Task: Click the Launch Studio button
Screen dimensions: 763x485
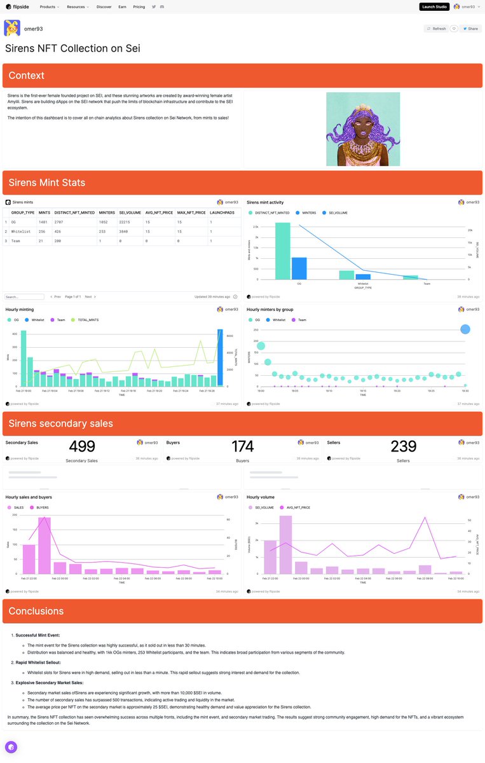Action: coord(434,6)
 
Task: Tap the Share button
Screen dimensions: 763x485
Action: coord(470,29)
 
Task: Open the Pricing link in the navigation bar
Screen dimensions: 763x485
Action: coord(139,6)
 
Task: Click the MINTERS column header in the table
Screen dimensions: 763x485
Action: coord(107,212)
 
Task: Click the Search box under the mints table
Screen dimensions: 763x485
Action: coord(24,296)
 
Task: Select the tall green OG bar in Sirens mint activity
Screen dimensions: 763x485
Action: coord(283,251)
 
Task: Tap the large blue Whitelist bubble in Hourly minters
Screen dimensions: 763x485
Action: coord(465,329)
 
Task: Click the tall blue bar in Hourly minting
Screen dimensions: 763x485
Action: coord(220,357)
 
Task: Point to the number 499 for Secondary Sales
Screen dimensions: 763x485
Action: coord(82,446)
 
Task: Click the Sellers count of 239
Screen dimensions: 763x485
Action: coord(404,446)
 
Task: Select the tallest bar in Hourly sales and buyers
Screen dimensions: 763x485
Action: coord(44,546)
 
